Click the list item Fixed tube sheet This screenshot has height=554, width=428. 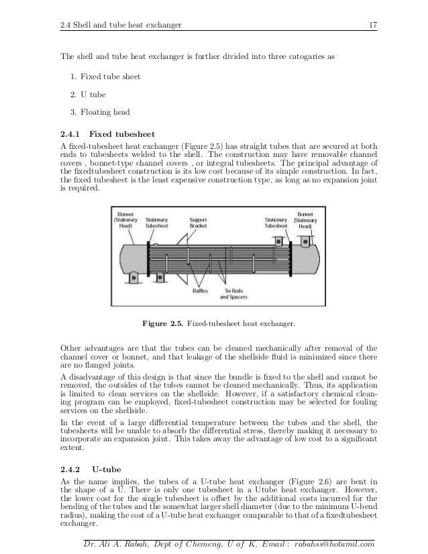click(x=109, y=76)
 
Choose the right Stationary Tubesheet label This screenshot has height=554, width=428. click(x=275, y=222)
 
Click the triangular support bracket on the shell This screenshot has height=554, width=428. click(x=182, y=241)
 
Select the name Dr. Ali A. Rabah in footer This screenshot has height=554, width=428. click(x=111, y=544)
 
